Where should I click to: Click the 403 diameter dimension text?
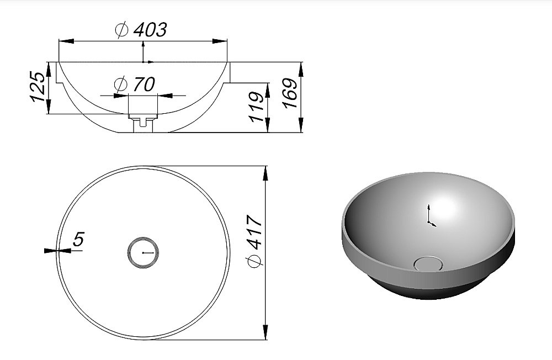[150, 30]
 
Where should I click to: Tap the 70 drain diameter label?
[144, 84]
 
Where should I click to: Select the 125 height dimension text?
[38, 87]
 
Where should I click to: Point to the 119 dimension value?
[257, 107]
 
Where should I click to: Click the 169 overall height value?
[290, 93]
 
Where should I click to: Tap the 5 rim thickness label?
[78, 240]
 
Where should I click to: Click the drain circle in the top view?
[143, 252]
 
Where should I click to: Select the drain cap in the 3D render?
[428, 263]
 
